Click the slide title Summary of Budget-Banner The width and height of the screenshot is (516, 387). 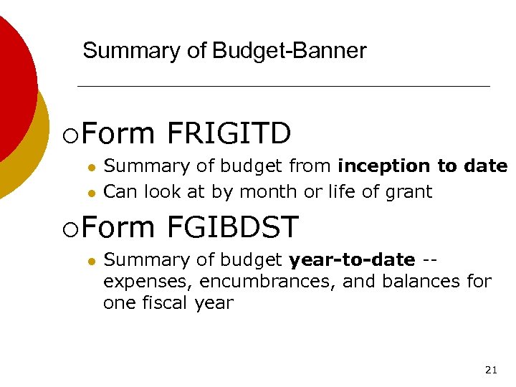click(224, 51)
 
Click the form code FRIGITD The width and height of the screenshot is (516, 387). click(229, 133)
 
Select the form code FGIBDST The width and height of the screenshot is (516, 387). click(232, 228)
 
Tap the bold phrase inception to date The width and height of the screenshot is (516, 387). click(422, 166)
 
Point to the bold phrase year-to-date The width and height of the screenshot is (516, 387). click(352, 259)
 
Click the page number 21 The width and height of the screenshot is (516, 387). click(491, 370)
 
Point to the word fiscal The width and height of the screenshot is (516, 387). click(163, 303)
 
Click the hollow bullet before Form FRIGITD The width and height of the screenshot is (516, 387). click(68, 135)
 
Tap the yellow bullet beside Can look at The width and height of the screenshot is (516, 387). click(91, 193)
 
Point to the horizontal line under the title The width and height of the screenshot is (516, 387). click(283, 86)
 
